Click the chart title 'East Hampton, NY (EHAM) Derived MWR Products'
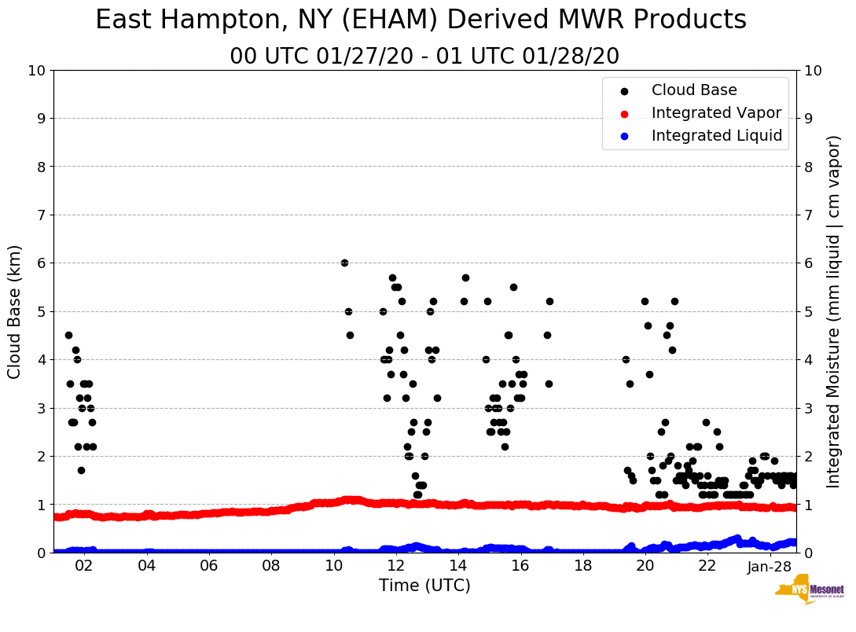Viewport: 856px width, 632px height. pyautogui.click(x=421, y=20)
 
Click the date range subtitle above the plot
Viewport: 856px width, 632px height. pyautogui.click(x=424, y=57)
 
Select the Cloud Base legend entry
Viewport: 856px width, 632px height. pyautogui.click(x=694, y=90)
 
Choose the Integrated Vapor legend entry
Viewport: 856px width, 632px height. pyautogui.click(x=716, y=113)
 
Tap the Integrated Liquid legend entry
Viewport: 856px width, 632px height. pyautogui.click(x=716, y=136)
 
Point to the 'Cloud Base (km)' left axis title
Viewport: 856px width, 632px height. pyautogui.click(x=15, y=311)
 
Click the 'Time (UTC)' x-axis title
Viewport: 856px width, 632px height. pyautogui.click(x=424, y=586)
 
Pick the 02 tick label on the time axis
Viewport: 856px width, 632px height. pyautogui.click(x=83, y=566)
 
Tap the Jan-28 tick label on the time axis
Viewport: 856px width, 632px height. pyautogui.click(x=770, y=566)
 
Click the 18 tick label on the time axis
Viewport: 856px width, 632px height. pyautogui.click(x=582, y=566)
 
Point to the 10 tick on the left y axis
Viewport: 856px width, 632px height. pyautogui.click(x=36, y=71)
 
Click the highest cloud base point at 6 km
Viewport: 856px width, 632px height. pyautogui.click(x=344, y=263)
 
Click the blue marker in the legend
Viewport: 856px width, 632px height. pyautogui.click(x=624, y=136)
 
